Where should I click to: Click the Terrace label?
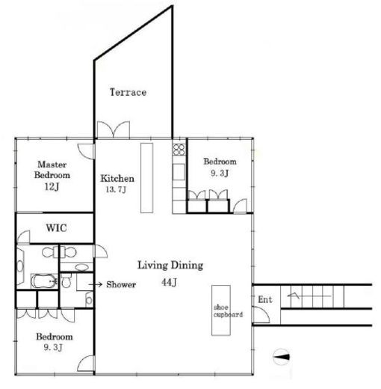128,92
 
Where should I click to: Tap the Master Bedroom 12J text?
52,175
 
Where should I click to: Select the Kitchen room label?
117,179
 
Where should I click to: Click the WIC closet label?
56,228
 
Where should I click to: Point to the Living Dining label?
170,266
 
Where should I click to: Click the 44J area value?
169,282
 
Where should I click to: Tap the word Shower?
121,284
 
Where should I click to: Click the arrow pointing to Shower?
96,284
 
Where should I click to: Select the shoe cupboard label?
228,311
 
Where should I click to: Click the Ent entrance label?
264,299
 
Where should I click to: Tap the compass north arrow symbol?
282,357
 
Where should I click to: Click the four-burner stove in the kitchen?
179,150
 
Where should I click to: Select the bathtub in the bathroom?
45,281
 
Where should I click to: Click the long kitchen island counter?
146,178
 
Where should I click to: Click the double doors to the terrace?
114,129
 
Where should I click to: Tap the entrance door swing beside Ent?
261,315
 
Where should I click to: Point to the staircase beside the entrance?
312,297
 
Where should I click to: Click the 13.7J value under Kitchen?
116,189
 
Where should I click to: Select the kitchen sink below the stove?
179,172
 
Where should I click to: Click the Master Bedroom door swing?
86,151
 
